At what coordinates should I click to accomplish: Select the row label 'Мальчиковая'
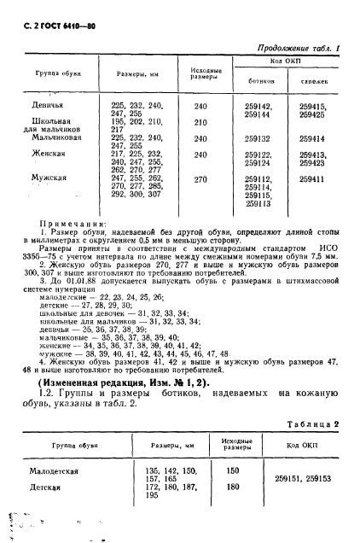tap(56, 137)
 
